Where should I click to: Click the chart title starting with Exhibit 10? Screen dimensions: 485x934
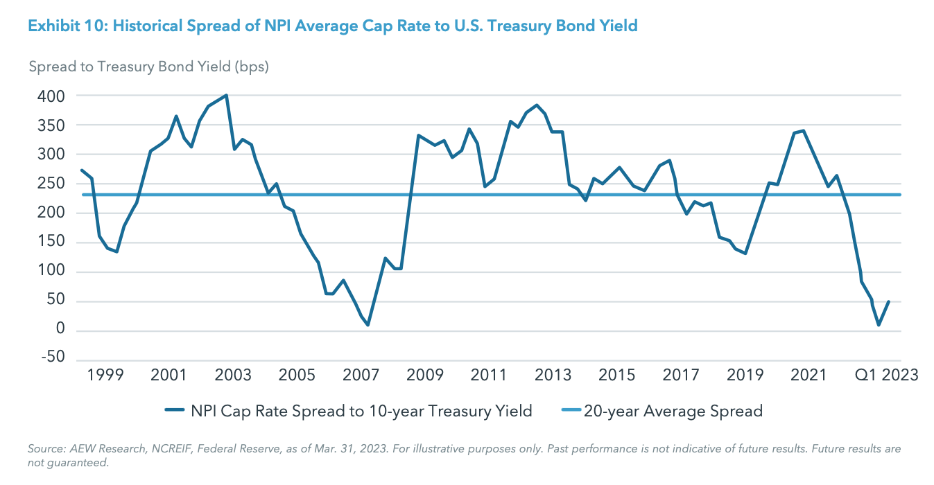point(332,26)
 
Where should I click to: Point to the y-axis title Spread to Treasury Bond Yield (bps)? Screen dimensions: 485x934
point(148,67)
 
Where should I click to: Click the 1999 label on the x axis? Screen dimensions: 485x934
point(105,375)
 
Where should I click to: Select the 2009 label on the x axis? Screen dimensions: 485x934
point(425,375)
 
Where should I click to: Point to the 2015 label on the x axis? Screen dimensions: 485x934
point(616,375)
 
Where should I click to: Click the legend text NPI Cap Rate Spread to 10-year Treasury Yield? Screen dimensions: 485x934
point(361,411)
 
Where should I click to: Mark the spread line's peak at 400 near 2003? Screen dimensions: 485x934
point(227,96)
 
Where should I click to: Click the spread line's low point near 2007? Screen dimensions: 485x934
point(367,324)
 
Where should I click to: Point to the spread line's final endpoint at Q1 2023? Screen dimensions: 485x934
point(889,301)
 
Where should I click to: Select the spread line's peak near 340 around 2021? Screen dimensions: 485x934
point(803,130)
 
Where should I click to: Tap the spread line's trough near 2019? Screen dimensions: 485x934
point(745,253)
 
